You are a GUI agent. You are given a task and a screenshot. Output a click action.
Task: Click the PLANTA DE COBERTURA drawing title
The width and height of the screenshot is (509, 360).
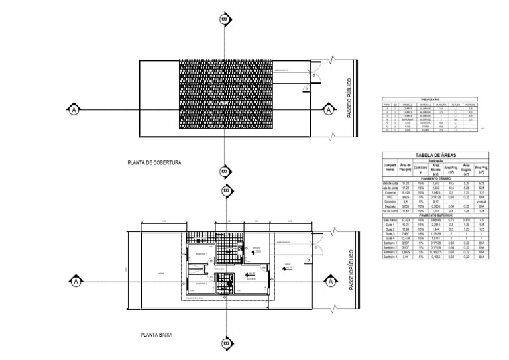pos(154,162)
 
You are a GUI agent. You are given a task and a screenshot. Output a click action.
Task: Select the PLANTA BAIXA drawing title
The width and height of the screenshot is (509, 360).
pos(156,335)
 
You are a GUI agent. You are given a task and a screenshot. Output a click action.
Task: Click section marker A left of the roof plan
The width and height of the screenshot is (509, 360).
pos(74,109)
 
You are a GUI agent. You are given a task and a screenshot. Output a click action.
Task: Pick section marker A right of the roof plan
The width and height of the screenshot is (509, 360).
pos(326,109)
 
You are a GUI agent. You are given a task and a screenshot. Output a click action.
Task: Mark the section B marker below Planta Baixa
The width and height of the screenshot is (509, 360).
pos(225,343)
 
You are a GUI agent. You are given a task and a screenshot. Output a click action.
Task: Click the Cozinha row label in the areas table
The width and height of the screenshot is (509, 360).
pos(390,192)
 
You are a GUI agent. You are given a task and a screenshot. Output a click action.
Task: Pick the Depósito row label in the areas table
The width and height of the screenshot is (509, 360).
pos(390,206)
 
